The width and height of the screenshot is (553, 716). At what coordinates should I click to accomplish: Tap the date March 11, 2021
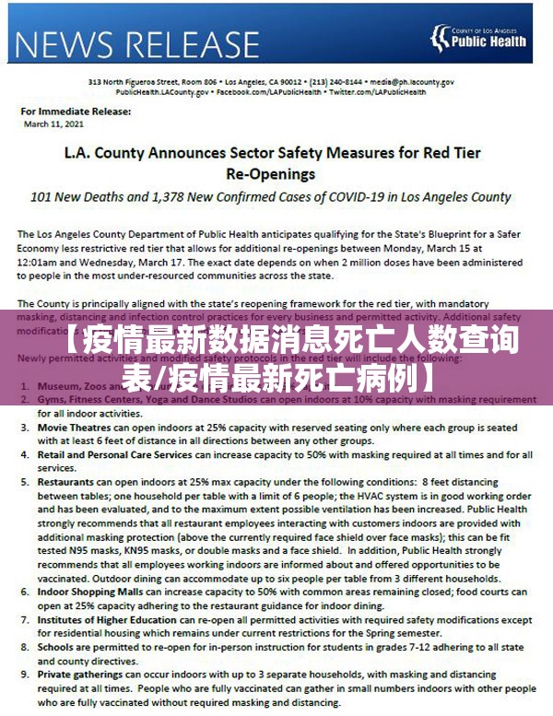pos(55,123)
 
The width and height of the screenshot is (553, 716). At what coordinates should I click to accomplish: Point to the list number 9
pos(23,675)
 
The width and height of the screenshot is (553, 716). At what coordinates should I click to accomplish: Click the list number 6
pos(23,592)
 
